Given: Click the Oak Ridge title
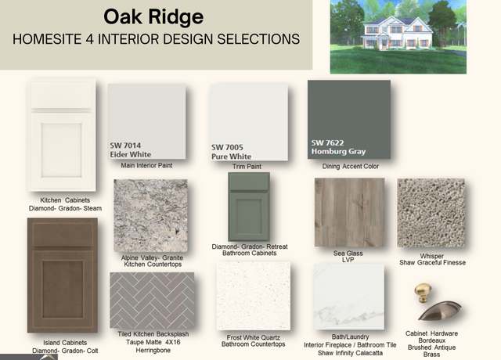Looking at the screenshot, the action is [153, 17].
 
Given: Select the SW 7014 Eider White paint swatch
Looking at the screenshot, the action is [147, 122].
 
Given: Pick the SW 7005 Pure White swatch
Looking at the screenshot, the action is [249, 122].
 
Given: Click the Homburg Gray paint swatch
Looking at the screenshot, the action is [349, 120].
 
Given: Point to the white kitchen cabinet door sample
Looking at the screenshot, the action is [63, 136].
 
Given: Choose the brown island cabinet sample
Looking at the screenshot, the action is [63, 275].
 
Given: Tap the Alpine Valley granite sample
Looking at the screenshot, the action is [151, 216].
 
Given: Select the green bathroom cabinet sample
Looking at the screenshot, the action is [249, 207].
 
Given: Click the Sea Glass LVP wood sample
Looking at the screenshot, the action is [350, 212].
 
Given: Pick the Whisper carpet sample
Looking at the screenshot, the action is [431, 213].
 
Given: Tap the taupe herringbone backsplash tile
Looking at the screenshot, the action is [152, 301].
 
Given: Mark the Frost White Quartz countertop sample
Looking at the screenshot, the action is [254, 296].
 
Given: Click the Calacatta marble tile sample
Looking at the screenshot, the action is [349, 297].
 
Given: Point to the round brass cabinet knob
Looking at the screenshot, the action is [423, 292].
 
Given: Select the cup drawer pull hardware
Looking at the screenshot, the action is [440, 311].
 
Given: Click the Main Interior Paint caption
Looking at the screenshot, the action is [146, 165].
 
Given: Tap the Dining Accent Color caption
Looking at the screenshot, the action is [351, 166].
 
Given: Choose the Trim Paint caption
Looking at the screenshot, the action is [247, 167].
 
